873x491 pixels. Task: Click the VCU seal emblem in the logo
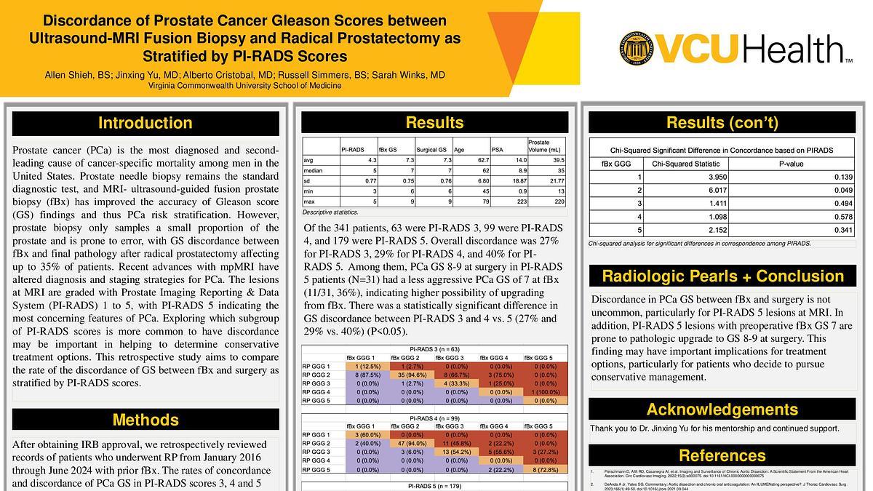[x=638, y=49]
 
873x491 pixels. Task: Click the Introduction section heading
[x=145, y=123]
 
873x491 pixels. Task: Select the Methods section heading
[x=145, y=420]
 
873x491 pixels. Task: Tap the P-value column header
[x=791, y=164]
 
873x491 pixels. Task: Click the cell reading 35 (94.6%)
[x=411, y=375]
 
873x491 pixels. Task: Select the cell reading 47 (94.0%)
[x=411, y=443]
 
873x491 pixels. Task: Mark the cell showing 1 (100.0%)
[x=543, y=392]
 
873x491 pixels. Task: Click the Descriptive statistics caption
[x=330, y=212]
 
